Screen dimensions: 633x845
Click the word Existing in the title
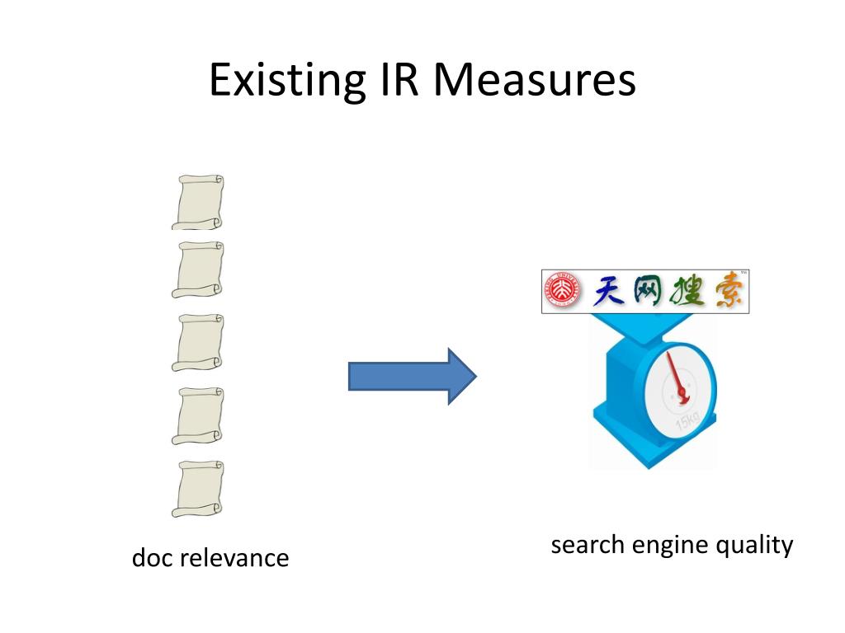(x=286, y=81)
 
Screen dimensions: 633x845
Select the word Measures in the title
(x=535, y=81)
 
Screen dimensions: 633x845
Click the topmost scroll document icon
(x=198, y=202)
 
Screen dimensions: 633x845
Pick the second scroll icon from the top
(x=198, y=270)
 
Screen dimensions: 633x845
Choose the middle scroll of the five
(x=198, y=342)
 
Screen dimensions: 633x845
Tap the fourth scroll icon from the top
(x=198, y=415)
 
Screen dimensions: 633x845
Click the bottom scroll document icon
(x=198, y=489)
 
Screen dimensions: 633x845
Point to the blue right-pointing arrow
(x=412, y=376)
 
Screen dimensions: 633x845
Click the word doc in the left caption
(x=153, y=558)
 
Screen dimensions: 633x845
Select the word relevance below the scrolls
(x=234, y=558)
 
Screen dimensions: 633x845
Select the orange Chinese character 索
(x=725, y=291)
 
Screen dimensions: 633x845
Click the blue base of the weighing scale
(x=652, y=449)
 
